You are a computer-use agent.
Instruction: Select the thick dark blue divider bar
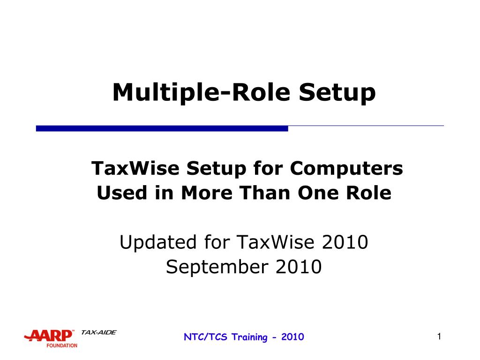point(162,128)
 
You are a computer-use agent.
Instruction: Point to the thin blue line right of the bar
point(366,126)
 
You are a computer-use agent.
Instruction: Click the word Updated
point(157,243)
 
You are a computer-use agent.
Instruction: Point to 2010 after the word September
point(299,267)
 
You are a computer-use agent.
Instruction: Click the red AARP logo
point(49,336)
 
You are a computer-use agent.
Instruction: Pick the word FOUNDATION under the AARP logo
point(61,345)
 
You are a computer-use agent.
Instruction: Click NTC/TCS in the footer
point(202,337)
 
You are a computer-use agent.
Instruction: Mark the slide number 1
point(439,336)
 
